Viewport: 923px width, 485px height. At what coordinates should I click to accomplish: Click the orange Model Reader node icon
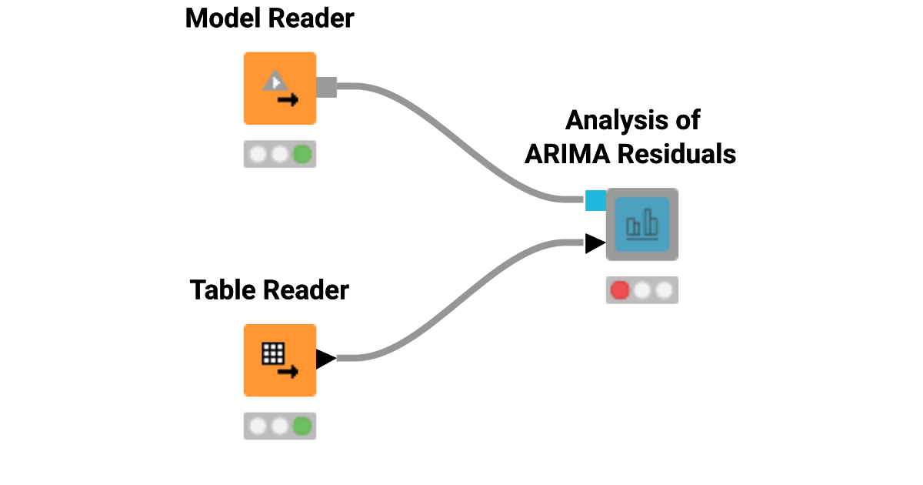tap(280, 88)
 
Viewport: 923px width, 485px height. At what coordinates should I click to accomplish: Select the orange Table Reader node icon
tap(280, 360)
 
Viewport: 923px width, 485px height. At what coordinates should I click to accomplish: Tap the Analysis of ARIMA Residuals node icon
tap(642, 224)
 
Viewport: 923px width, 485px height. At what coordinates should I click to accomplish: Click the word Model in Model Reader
tap(222, 18)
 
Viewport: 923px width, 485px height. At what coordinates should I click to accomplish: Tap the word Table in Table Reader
tap(223, 290)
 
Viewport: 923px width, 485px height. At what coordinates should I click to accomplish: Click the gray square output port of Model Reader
tap(327, 87)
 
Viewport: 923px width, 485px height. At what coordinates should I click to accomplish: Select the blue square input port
tap(595, 200)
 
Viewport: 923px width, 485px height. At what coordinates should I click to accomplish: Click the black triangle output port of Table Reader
tap(325, 359)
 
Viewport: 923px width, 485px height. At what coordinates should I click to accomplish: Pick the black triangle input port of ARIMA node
tap(595, 243)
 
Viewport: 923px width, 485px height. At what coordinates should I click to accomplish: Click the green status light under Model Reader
tap(302, 155)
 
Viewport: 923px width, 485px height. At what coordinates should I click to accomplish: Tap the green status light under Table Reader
tap(302, 426)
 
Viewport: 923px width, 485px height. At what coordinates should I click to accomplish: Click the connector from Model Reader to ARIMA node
tap(461, 139)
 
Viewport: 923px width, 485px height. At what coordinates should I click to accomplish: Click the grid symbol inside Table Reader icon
tap(273, 353)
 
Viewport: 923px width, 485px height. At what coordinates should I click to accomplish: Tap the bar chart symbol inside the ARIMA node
tap(642, 225)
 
